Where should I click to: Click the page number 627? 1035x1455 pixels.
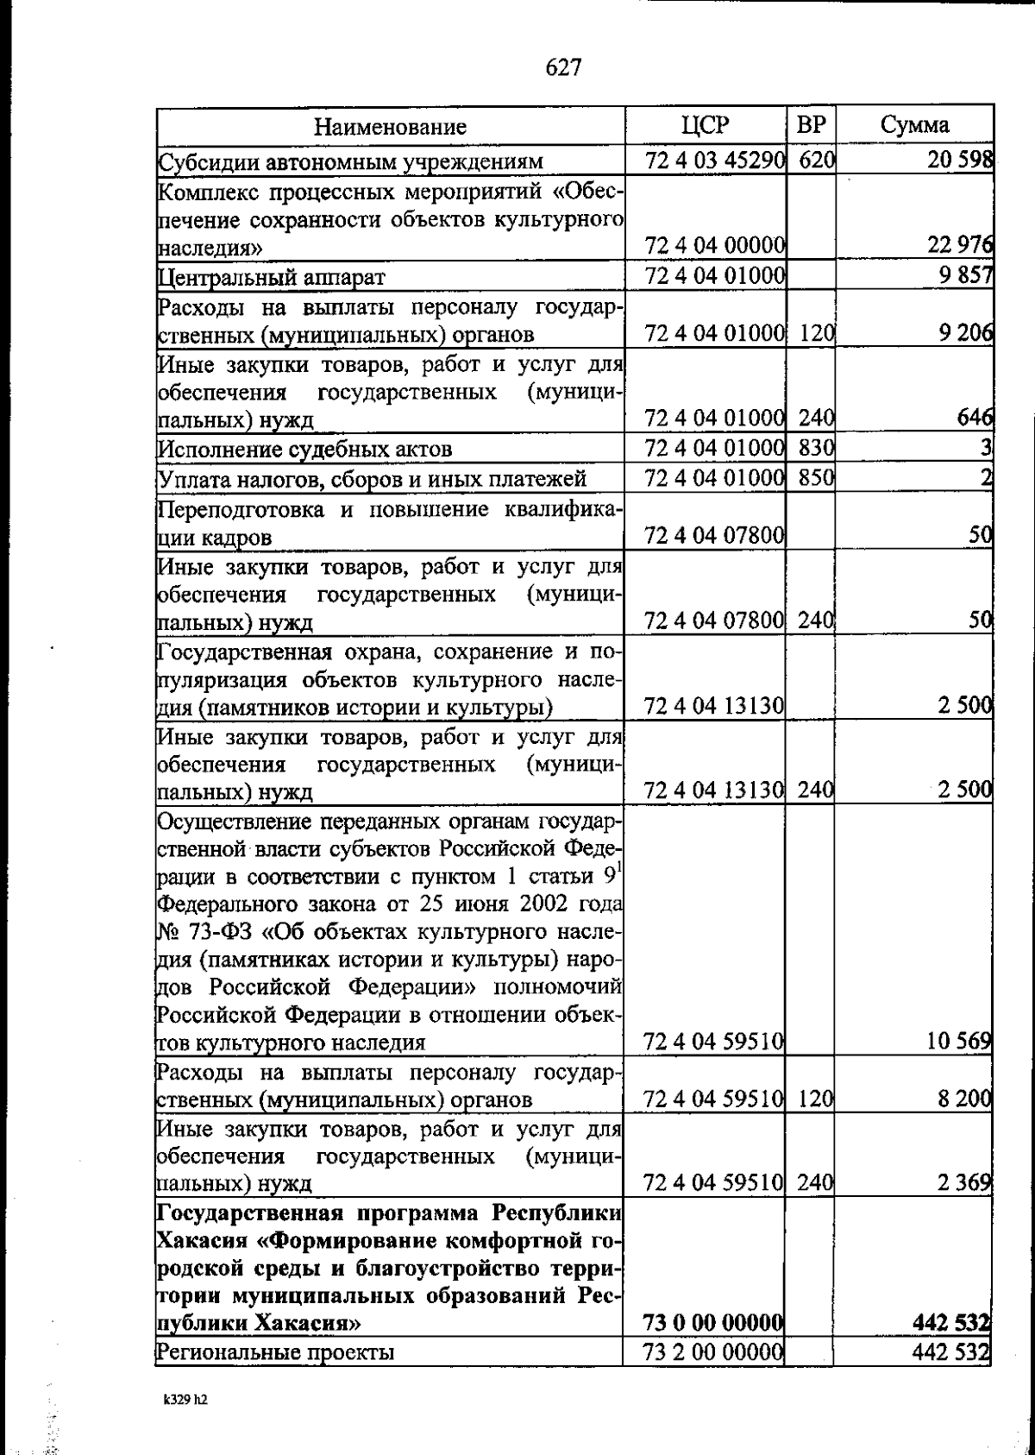(564, 67)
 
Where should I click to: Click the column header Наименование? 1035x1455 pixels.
(390, 127)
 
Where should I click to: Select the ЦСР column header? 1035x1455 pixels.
(705, 125)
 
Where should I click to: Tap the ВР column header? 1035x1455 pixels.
(811, 125)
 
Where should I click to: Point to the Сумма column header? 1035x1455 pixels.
(915, 125)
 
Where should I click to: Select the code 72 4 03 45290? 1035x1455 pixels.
(714, 161)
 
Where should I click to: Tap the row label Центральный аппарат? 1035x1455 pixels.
(271, 277)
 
